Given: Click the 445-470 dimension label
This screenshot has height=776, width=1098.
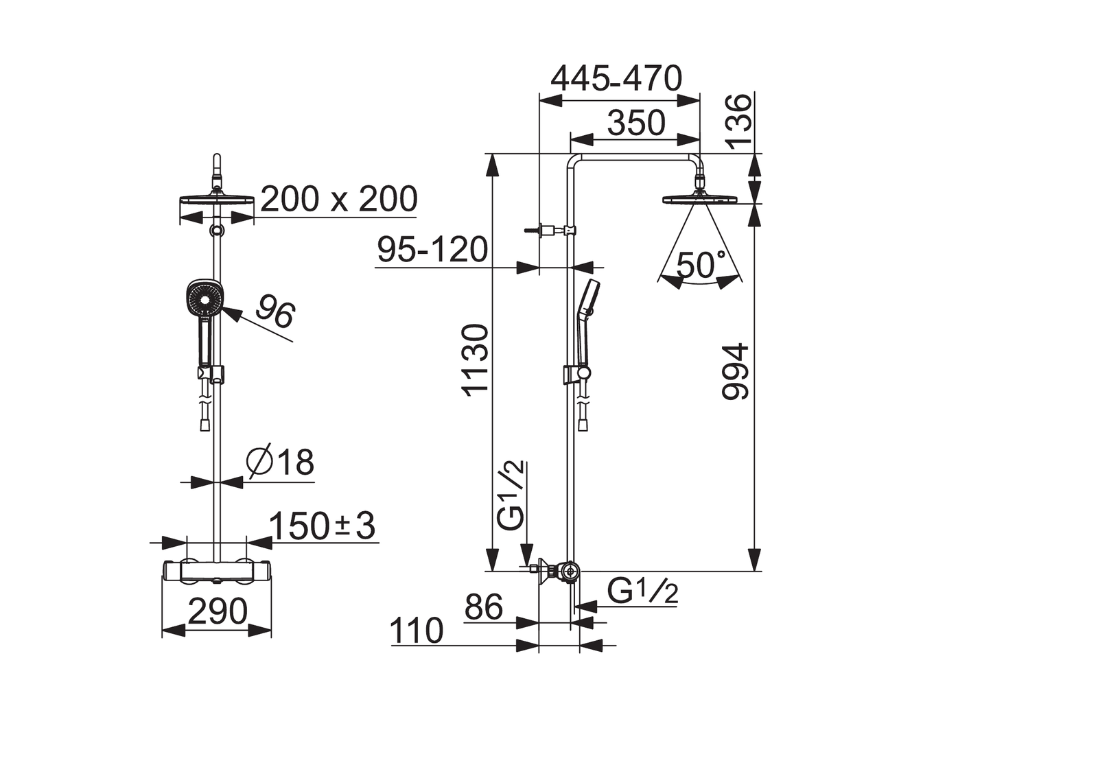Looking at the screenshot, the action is click(x=616, y=78).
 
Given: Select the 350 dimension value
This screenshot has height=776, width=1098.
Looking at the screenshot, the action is click(x=636, y=123).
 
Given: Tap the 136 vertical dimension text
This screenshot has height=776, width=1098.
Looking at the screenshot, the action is click(x=738, y=122).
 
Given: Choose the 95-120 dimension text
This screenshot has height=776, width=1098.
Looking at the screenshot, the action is click(x=432, y=250).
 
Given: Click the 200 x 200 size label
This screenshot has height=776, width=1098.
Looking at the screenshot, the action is click(x=339, y=200).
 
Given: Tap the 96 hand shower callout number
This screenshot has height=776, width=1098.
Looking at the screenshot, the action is click(x=275, y=311).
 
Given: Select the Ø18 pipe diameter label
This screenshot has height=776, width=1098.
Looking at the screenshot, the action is click(x=281, y=461).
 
